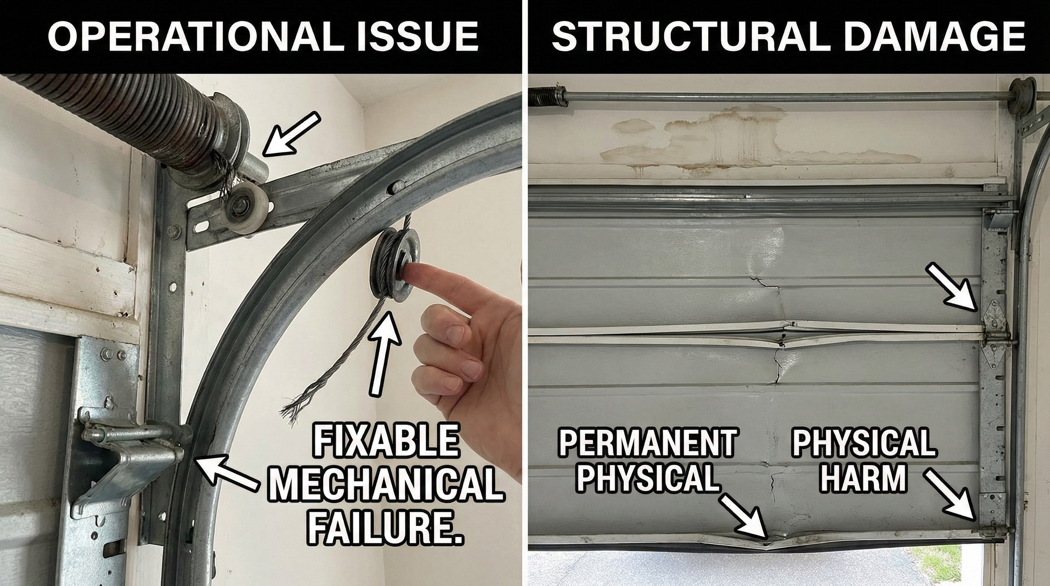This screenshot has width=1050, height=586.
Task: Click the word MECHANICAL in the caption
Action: [385, 486]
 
